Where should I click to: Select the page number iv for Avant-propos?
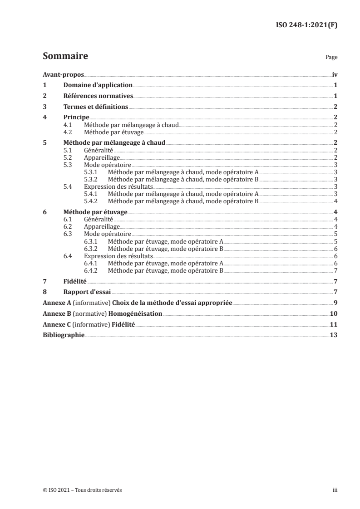pos(334,74)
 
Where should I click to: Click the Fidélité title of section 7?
pos(74,282)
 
